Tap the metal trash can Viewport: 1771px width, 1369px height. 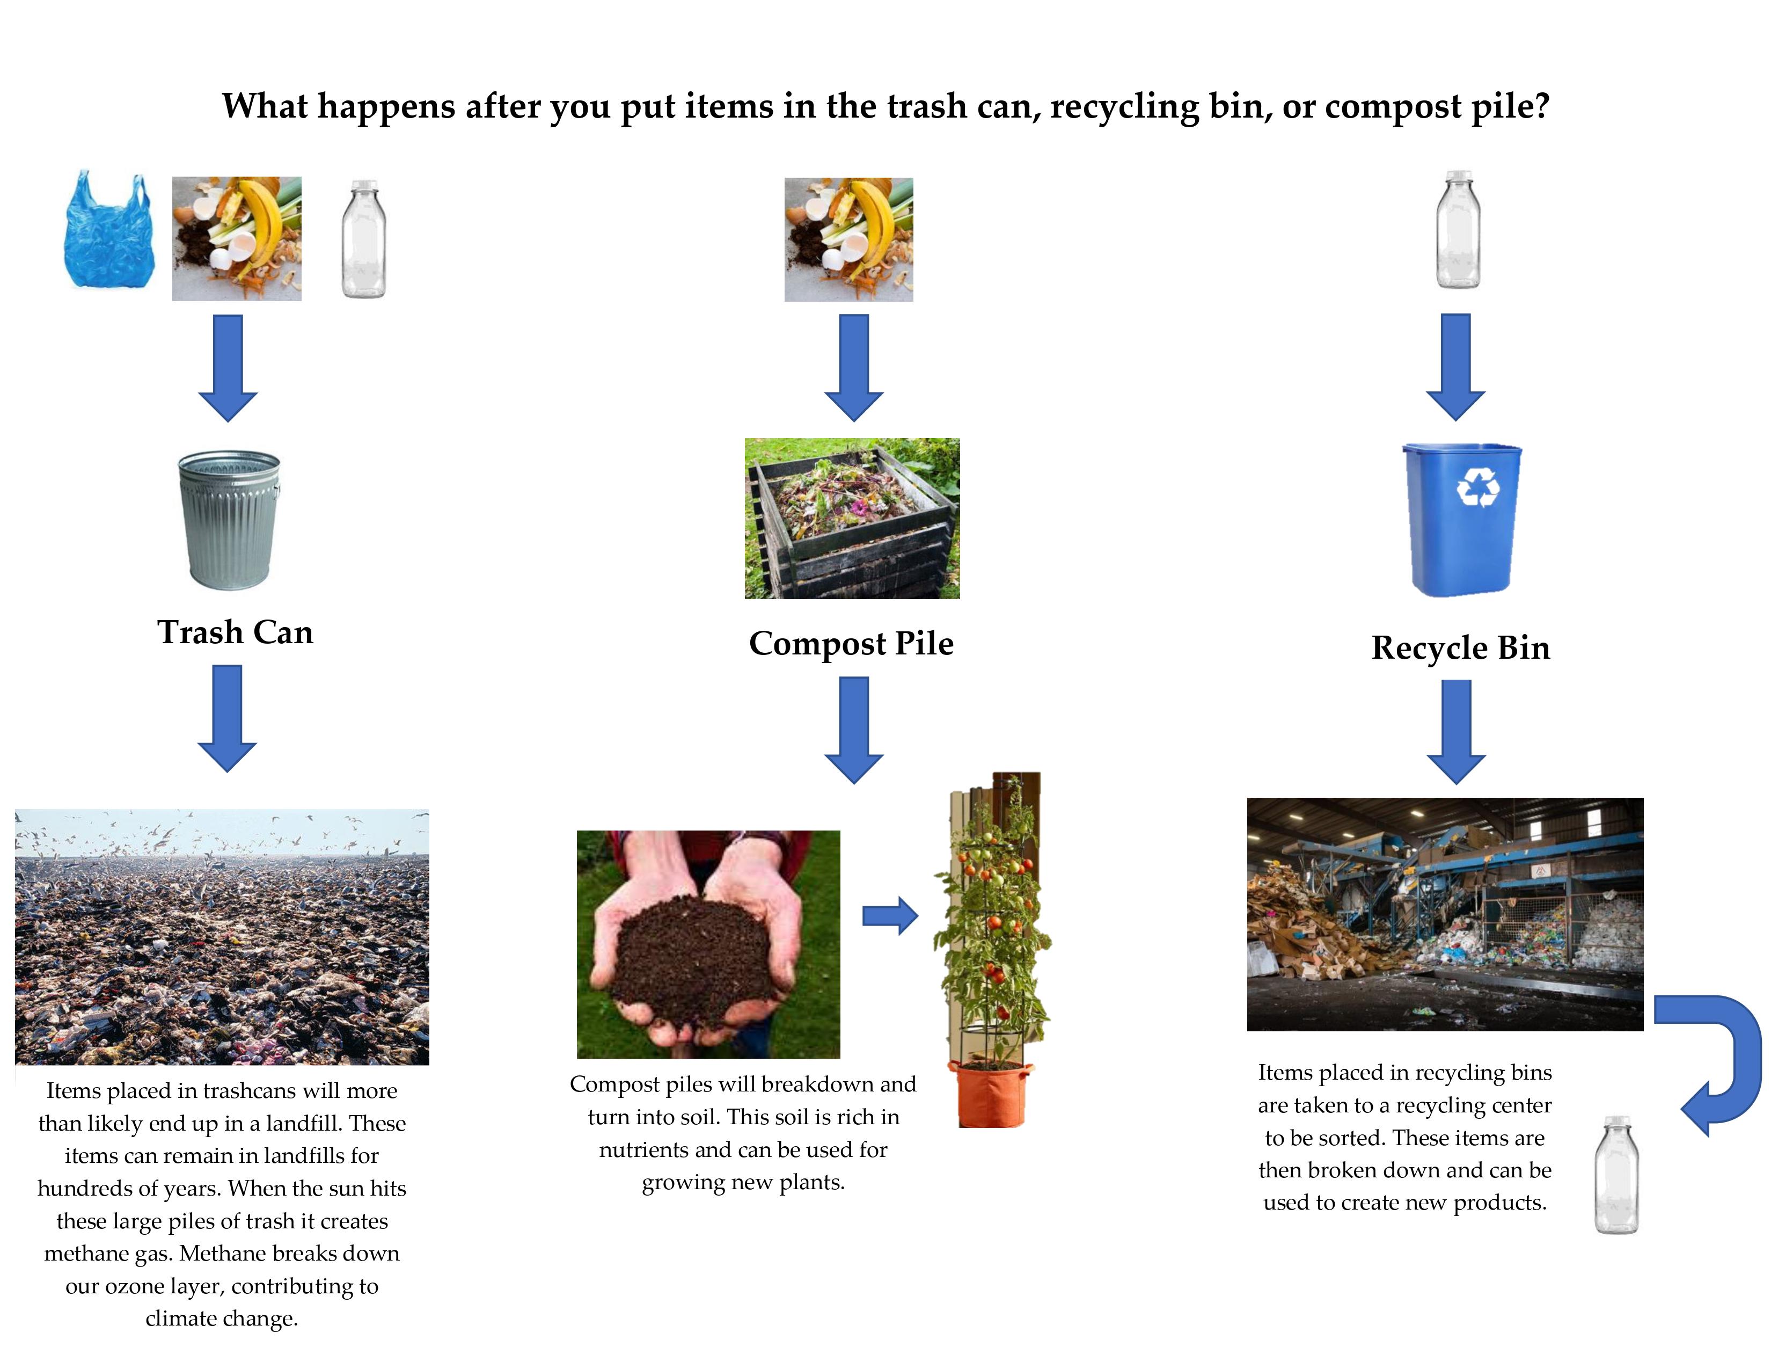230,519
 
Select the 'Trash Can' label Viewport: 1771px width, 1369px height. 235,632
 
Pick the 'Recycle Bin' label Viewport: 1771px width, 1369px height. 1460,648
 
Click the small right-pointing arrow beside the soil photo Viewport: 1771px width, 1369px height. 890,916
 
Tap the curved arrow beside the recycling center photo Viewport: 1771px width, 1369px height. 1719,1062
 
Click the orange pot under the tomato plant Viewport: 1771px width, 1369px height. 991,1095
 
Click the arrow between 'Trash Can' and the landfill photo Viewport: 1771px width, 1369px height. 228,718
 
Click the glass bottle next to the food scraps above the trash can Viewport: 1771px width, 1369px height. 363,239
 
